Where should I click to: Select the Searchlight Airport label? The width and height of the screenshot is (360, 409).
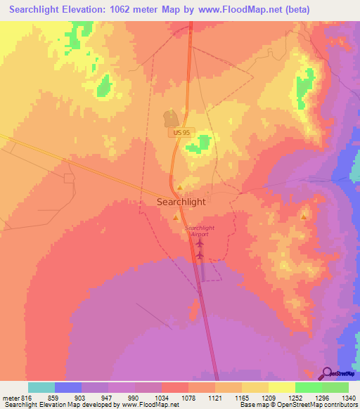point(197,231)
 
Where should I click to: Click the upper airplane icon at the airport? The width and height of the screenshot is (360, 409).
point(200,243)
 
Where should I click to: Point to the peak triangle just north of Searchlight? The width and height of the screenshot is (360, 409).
point(180,188)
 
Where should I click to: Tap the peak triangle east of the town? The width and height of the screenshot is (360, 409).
point(304,217)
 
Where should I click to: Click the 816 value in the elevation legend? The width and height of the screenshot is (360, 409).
point(25,398)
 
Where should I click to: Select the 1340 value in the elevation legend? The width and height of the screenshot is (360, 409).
point(348,398)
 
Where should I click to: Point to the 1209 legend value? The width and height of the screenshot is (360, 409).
point(267,398)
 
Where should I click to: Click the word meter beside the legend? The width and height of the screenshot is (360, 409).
point(10,398)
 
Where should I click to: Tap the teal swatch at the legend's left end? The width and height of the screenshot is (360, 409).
point(41,387)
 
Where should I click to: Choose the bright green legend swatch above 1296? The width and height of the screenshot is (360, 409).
point(308,387)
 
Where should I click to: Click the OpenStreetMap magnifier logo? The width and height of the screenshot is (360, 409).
point(328,372)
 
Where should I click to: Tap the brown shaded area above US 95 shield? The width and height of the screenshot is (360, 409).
point(170,117)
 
